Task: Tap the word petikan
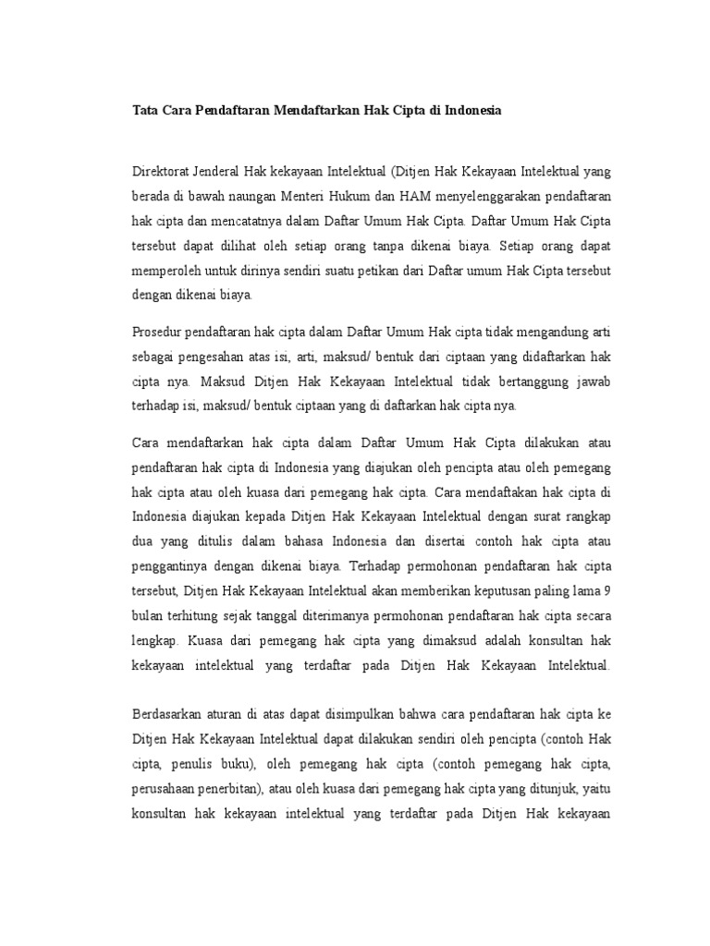click(370, 272)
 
